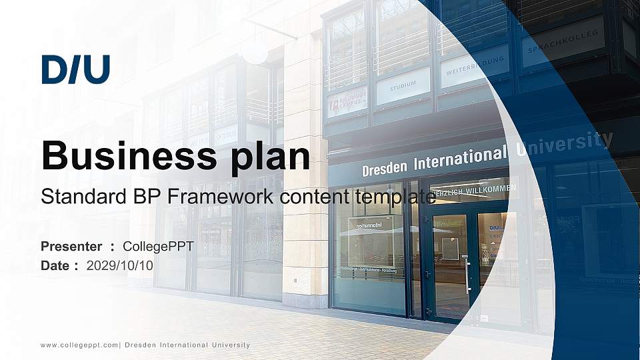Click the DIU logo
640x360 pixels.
click(x=75, y=70)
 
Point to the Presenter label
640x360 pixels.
click(x=71, y=247)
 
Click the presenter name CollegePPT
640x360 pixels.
click(x=158, y=247)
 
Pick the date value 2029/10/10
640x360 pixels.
click(x=120, y=265)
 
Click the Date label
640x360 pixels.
click(x=55, y=265)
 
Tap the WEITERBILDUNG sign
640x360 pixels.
click(x=475, y=65)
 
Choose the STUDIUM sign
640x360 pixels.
click(x=403, y=85)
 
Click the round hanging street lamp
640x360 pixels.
click(x=255, y=52)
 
